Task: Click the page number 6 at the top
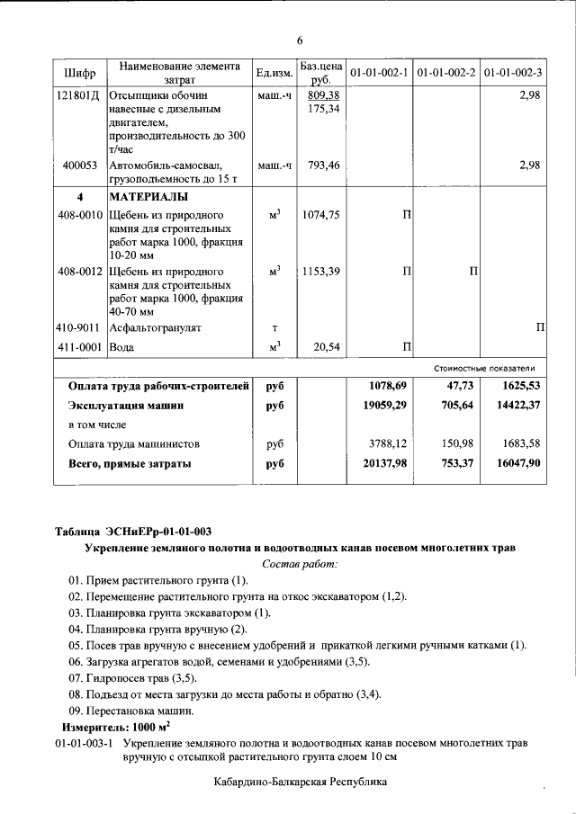pyautogui.click(x=300, y=40)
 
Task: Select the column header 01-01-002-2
pyautogui.click(x=446, y=72)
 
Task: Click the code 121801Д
pyautogui.click(x=78, y=94)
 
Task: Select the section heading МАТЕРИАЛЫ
pyautogui.click(x=149, y=196)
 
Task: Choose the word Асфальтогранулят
pyautogui.click(x=155, y=328)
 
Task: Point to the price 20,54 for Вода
pyautogui.click(x=326, y=346)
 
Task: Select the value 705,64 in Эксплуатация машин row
pyautogui.click(x=455, y=405)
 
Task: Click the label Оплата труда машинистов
pyautogui.click(x=134, y=443)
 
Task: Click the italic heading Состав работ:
pyautogui.click(x=300, y=564)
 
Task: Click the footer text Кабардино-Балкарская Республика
pyautogui.click(x=301, y=783)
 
